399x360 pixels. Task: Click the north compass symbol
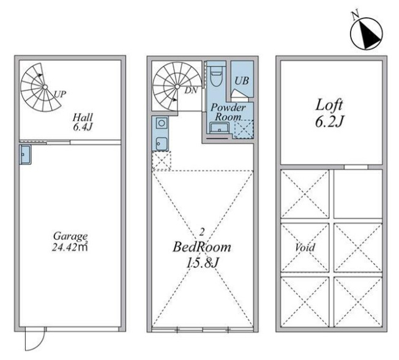click(367, 34)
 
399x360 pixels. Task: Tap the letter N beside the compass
click(356, 15)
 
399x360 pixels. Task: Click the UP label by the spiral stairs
click(60, 94)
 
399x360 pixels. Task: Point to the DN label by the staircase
click(191, 90)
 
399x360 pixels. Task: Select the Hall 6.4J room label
click(83, 122)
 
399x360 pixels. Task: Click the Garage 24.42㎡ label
click(70, 241)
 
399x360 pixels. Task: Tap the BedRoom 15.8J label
click(202, 255)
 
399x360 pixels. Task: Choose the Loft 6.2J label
click(329, 114)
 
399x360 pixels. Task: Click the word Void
click(305, 248)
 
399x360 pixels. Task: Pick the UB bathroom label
click(242, 81)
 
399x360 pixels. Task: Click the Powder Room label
click(228, 112)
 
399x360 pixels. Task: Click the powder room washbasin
click(219, 128)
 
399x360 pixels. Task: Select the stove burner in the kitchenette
click(162, 123)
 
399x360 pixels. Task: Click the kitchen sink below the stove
click(162, 144)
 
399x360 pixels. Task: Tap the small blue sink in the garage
click(25, 155)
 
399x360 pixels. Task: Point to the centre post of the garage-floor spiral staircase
click(45, 87)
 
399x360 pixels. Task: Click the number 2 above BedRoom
click(202, 232)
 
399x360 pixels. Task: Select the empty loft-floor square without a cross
click(358, 194)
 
